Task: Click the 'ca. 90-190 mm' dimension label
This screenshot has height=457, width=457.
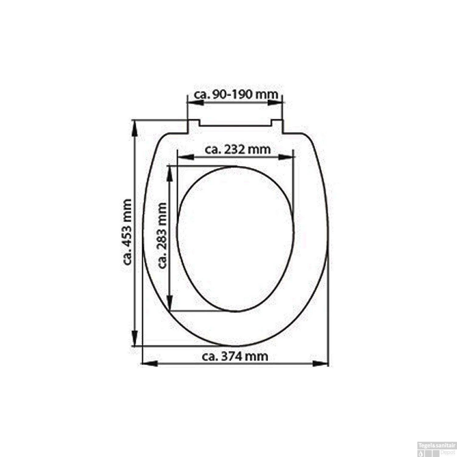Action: [x=236, y=94]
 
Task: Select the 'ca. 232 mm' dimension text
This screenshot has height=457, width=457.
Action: [x=238, y=150]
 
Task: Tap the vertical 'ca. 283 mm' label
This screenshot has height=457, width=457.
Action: [x=162, y=235]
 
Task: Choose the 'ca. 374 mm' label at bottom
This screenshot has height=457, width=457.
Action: [x=235, y=356]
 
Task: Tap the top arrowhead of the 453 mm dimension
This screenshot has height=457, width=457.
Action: [x=135, y=128]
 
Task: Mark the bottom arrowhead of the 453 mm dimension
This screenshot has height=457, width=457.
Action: [x=135, y=338]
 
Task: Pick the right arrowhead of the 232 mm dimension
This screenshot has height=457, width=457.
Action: [x=287, y=157]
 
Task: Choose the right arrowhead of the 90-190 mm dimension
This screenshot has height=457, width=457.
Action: [x=275, y=102]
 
